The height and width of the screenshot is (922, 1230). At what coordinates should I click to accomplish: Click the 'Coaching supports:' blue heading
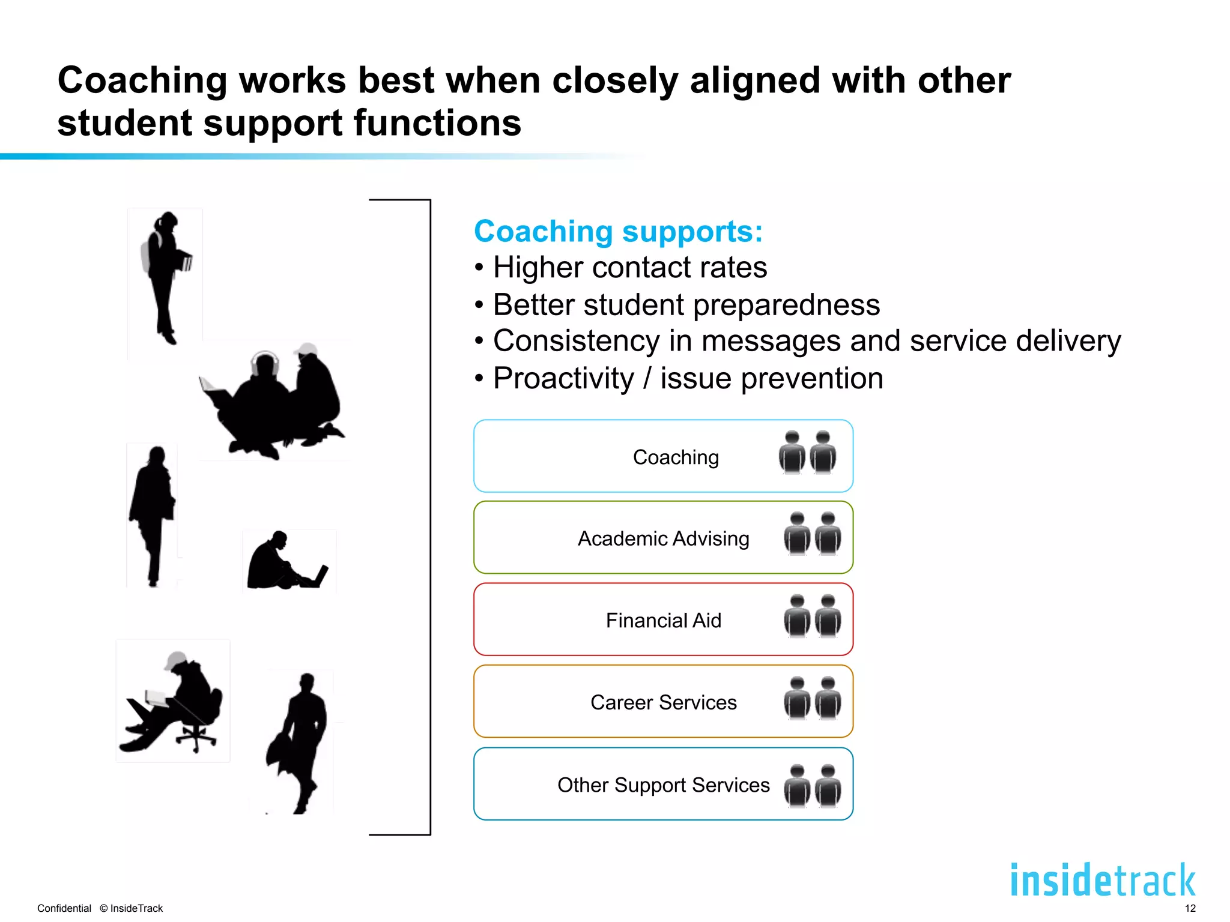(x=618, y=232)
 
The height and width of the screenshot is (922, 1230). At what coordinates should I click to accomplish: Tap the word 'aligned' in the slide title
(x=754, y=81)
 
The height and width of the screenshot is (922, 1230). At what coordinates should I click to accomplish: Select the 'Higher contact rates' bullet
(x=629, y=268)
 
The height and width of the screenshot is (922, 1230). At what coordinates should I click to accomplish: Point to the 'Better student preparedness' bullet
(x=686, y=305)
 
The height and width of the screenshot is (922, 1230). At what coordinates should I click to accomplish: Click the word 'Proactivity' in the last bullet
(x=563, y=379)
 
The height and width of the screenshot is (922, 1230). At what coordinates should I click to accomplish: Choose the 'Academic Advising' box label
(x=663, y=538)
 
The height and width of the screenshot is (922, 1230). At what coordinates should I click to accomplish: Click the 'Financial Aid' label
(x=663, y=620)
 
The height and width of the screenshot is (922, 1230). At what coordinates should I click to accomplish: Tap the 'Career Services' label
(x=663, y=702)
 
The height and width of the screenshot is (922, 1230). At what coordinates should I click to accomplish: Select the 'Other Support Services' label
(x=663, y=785)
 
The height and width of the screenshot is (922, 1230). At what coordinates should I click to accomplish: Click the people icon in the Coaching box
(x=807, y=453)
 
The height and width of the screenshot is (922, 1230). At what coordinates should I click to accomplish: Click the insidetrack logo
(x=1103, y=881)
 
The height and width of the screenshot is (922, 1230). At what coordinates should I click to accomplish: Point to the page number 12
(x=1190, y=908)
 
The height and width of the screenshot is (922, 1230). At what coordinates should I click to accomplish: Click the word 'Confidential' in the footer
(x=64, y=908)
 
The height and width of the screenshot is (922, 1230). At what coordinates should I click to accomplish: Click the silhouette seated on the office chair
(x=174, y=702)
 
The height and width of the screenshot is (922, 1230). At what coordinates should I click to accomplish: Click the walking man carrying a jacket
(x=300, y=741)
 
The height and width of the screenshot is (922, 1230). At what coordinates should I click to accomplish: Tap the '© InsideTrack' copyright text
(x=132, y=908)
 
